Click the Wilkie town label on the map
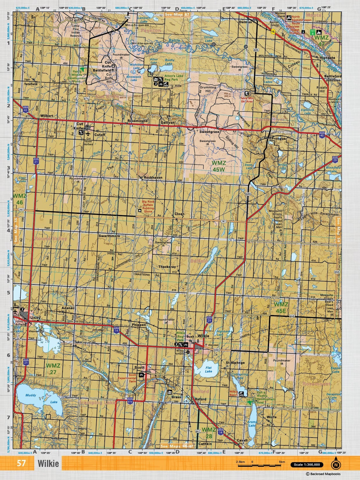click(x=203, y=336)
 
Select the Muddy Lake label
click(x=31, y=395)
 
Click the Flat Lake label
click(x=208, y=369)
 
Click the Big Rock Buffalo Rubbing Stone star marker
click(x=139, y=210)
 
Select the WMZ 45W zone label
click(x=219, y=166)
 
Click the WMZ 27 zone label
click(x=53, y=369)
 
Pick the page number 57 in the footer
click(x=21, y=463)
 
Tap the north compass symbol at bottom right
click(x=336, y=465)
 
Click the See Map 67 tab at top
click(x=177, y=14)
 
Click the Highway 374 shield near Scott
click(x=130, y=400)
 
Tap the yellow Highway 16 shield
click(x=273, y=32)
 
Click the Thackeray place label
click(x=167, y=267)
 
